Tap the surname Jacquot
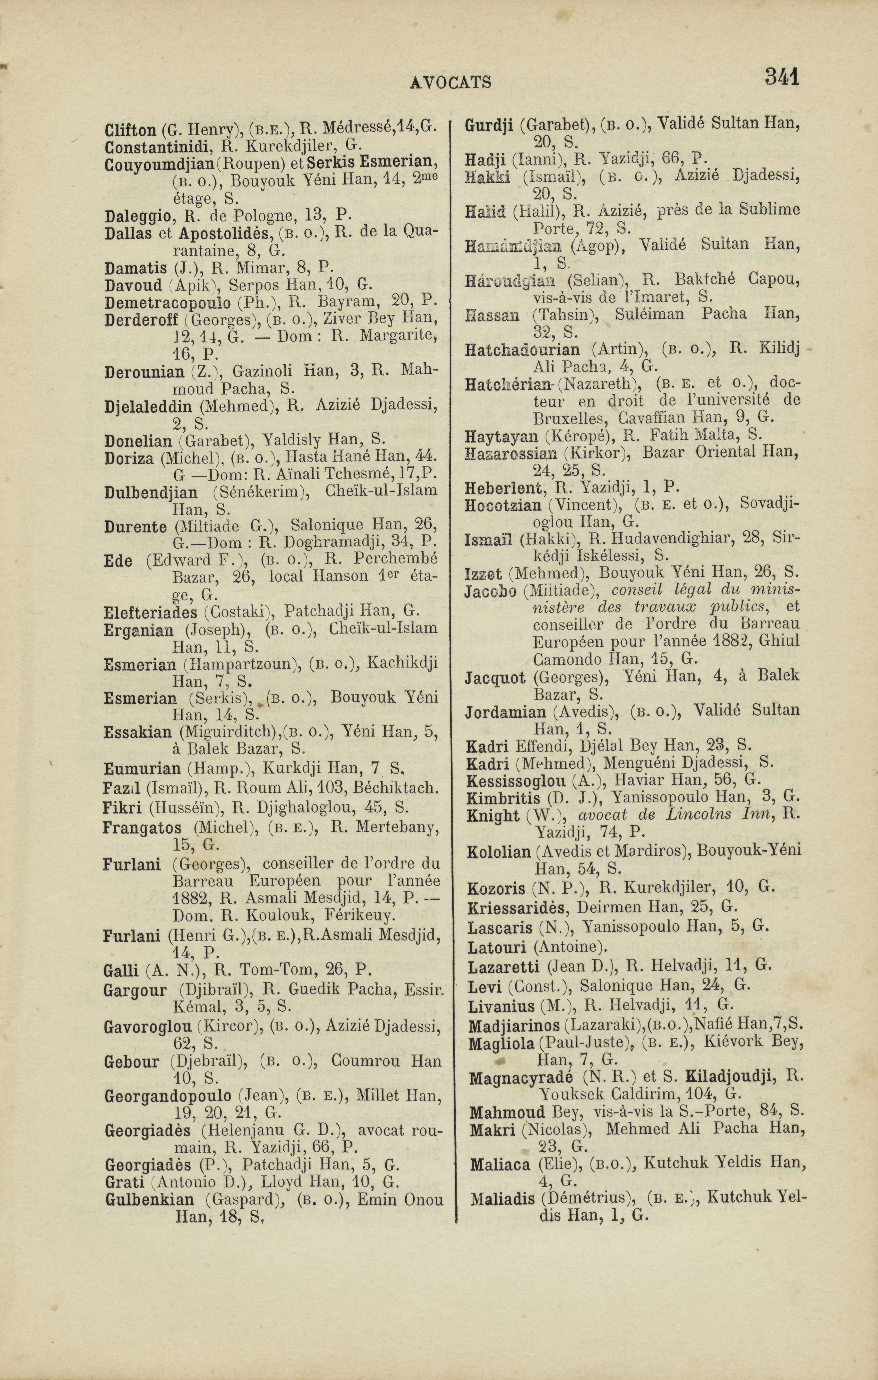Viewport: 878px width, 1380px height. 495,678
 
